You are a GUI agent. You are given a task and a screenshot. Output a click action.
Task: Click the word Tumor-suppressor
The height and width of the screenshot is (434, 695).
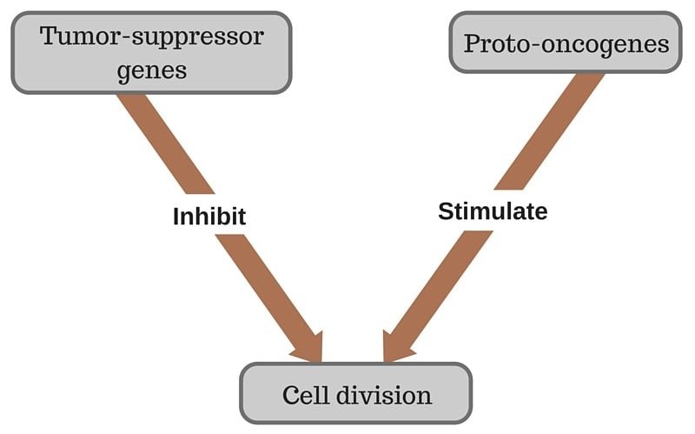(x=151, y=37)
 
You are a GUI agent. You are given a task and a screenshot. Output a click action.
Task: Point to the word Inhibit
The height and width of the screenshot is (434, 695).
(x=208, y=216)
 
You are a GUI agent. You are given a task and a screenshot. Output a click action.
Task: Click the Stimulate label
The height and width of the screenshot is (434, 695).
(x=493, y=210)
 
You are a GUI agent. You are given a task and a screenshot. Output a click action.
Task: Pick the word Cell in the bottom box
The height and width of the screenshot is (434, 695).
(x=304, y=396)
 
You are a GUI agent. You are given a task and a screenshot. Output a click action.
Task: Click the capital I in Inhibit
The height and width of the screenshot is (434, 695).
(x=175, y=216)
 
